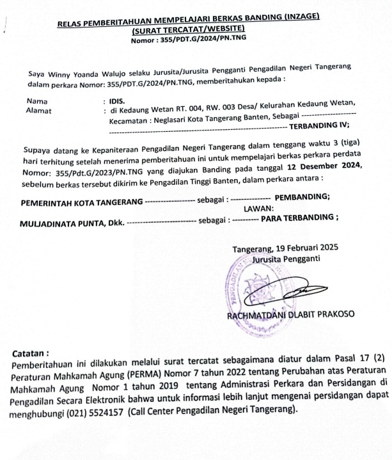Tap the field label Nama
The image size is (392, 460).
pos(36,101)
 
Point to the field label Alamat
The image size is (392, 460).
pos(38,111)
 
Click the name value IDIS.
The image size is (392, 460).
pos(118,101)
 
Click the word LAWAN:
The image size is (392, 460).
pos(258,208)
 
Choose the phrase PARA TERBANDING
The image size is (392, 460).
pos(293,219)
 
